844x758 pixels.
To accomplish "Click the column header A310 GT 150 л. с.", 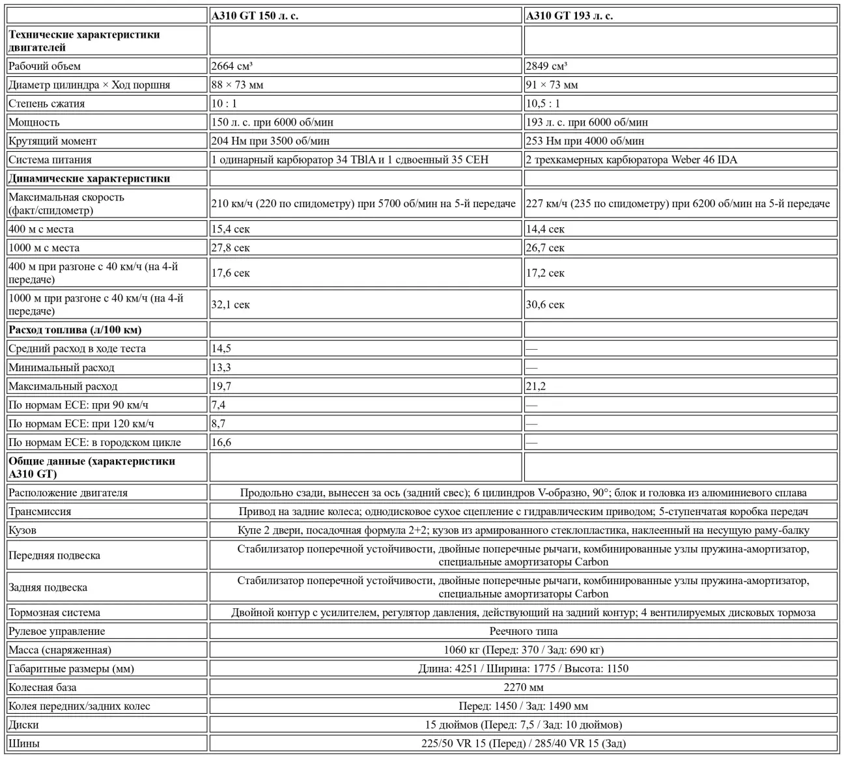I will click(x=255, y=16).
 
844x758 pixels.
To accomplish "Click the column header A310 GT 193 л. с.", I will click(x=569, y=16).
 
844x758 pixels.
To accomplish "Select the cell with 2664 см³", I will click(x=232, y=66).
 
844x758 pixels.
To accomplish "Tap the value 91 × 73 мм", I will click(x=552, y=85).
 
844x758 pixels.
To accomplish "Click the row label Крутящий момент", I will click(x=53, y=141).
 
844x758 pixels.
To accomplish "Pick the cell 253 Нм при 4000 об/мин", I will click(x=585, y=141).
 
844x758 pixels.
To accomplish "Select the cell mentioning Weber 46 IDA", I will click(x=631, y=160).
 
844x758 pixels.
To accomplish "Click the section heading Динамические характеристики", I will click(x=89, y=178).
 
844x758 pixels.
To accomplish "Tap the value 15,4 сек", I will click(x=231, y=229).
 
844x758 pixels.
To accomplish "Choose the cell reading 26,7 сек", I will click(x=545, y=247).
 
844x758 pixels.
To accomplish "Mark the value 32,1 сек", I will click(x=231, y=304).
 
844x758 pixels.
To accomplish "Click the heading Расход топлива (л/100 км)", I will click(x=75, y=330).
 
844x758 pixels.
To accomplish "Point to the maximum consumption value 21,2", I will click(x=535, y=386).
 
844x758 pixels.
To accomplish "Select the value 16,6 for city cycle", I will click(x=221, y=442).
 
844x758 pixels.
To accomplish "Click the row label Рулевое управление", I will click(x=57, y=631).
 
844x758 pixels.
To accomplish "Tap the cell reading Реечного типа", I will click(x=523, y=631).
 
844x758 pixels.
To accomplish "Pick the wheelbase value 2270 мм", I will click(x=523, y=687).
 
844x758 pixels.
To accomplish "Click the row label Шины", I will click(x=23, y=743).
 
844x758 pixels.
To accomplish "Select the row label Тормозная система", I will click(x=55, y=612).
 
